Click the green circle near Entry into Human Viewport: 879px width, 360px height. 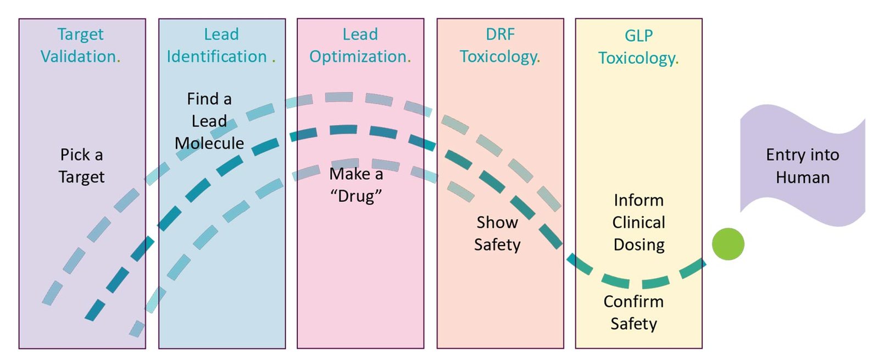pyautogui.click(x=728, y=244)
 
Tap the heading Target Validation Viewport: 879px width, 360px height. pyautogui.click(x=80, y=46)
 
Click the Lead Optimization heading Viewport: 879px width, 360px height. pyautogui.click(x=360, y=46)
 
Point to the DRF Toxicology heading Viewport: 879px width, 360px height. pyautogui.click(x=500, y=46)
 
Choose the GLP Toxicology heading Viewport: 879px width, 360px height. pyautogui.click(x=638, y=47)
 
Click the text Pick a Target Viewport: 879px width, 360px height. pyautogui.click(x=81, y=165)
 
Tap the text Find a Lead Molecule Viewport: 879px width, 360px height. pyautogui.click(x=209, y=121)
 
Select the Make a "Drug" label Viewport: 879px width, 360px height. pyautogui.click(x=356, y=185)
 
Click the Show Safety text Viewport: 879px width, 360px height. pyautogui.click(x=497, y=233)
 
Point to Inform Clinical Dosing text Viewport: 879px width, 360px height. pyautogui.click(x=639, y=222)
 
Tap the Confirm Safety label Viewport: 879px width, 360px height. pyautogui.click(x=633, y=312)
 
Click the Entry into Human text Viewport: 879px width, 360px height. pyautogui.click(x=803, y=166)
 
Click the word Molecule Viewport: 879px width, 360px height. pyautogui.click(x=209, y=143)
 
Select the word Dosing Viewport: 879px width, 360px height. pyautogui.click(x=639, y=245)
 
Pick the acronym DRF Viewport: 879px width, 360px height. pyautogui.click(x=500, y=35)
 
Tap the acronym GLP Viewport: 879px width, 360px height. pyautogui.click(x=638, y=36)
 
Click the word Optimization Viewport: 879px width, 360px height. pyautogui.click(x=358, y=57)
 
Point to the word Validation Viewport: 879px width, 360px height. pyautogui.click(x=79, y=57)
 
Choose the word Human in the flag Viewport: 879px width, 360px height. pyautogui.click(x=803, y=178)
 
